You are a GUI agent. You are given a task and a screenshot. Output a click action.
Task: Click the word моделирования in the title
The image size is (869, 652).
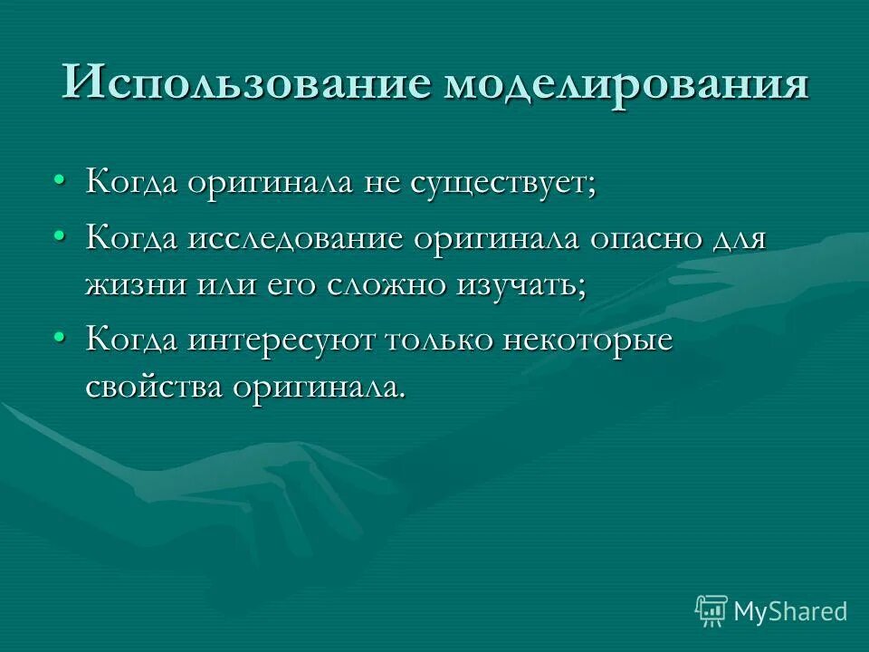tap(626, 82)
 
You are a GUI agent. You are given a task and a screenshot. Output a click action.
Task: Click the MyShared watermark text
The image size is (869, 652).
tap(790, 610)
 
